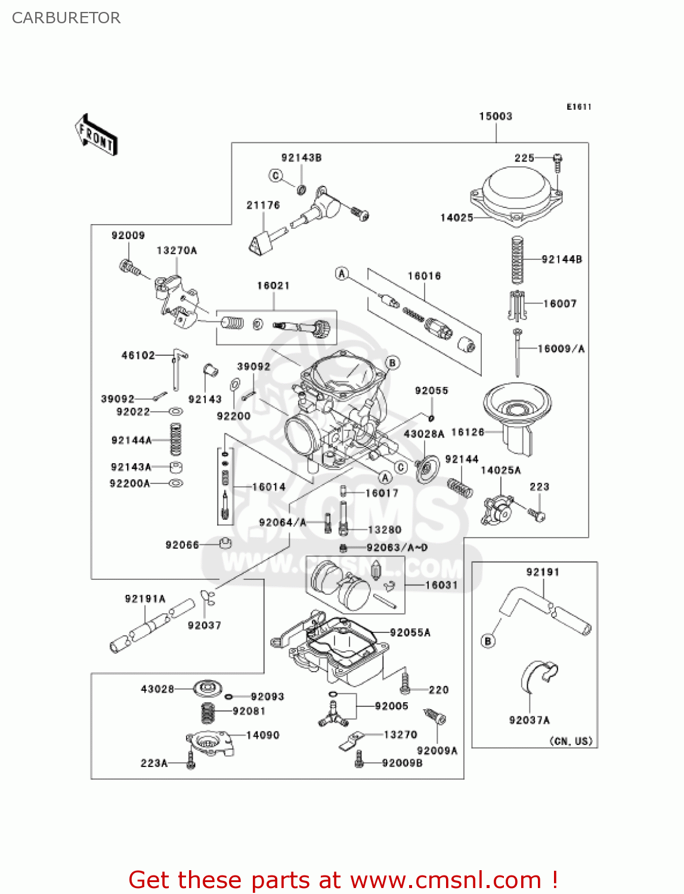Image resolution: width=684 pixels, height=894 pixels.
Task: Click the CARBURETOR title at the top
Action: click(66, 18)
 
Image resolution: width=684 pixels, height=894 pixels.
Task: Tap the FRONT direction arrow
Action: click(96, 135)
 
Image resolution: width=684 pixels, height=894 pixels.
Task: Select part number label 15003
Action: click(496, 116)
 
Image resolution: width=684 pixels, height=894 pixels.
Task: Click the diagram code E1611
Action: click(578, 107)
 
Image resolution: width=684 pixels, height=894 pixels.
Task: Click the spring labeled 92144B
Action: click(517, 260)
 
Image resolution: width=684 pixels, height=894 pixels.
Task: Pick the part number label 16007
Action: click(560, 303)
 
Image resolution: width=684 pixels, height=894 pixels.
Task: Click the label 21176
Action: click(263, 205)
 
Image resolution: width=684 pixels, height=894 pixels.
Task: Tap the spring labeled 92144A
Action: click(176, 439)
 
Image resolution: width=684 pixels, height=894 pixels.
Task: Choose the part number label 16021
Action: click(273, 285)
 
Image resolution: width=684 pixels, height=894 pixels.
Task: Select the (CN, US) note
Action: click(571, 741)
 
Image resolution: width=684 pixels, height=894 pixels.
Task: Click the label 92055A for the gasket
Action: click(410, 632)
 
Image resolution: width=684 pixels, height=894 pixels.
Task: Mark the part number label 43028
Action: click(157, 689)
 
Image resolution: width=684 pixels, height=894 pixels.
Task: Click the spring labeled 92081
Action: click(208, 712)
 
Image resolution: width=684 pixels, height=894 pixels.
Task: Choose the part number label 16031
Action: click(441, 585)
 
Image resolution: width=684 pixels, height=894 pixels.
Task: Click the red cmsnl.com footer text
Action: click(343, 880)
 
